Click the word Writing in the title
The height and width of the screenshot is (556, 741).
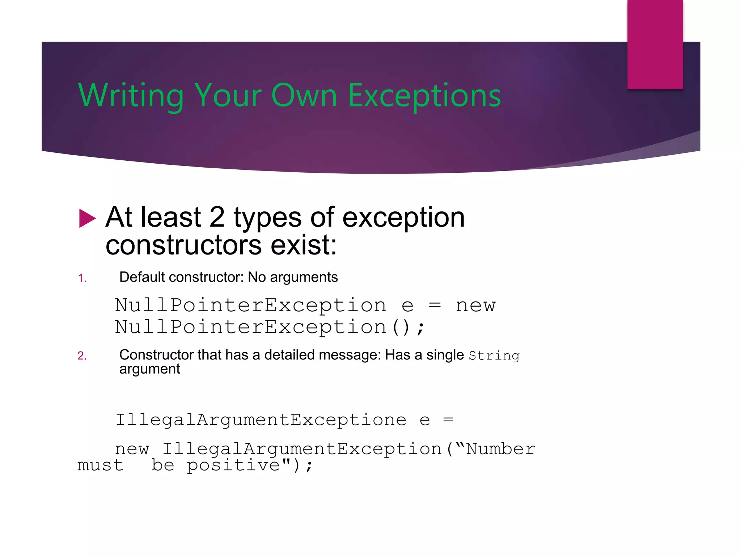[131, 96]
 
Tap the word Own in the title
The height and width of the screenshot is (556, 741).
[304, 96]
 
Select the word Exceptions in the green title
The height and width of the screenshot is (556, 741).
[424, 96]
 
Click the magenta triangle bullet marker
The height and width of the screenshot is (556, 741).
[87, 219]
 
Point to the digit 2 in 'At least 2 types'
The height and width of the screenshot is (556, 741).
[217, 217]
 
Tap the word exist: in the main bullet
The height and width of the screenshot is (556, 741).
[304, 245]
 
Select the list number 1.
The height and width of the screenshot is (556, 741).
[82, 278]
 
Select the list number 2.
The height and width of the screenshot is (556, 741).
[82, 355]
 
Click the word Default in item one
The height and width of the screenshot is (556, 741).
[142, 277]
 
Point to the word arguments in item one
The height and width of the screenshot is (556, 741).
[304, 277]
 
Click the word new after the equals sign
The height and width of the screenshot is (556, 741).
[475, 305]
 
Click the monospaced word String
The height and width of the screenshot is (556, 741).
[494, 356]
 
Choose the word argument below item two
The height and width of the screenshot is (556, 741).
[149, 369]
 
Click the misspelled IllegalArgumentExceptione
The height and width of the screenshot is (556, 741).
[261, 420]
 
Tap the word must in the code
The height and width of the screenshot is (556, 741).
[100, 465]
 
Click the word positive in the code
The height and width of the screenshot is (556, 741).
[233, 465]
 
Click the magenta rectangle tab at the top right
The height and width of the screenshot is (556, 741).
[655, 44]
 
